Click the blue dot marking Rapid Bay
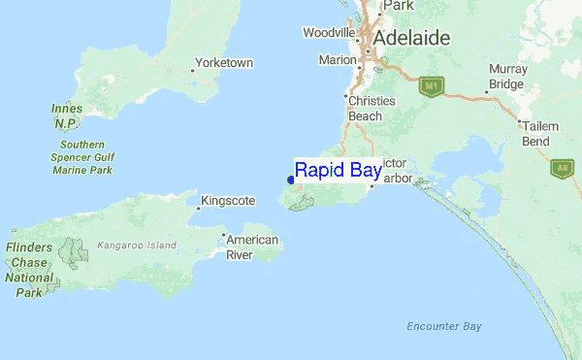(291, 180)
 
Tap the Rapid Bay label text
(338, 170)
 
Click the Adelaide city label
(411, 38)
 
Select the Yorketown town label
(224, 63)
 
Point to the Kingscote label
(230, 201)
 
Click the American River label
(252, 247)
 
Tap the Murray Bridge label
(507, 76)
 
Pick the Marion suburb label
(338, 60)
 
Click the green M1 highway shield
(431, 86)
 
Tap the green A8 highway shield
(562, 168)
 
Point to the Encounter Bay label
(444, 326)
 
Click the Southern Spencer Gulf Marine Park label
(80, 157)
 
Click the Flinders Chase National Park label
(29, 270)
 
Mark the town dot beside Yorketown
(192, 70)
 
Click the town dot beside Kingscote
(199, 208)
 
